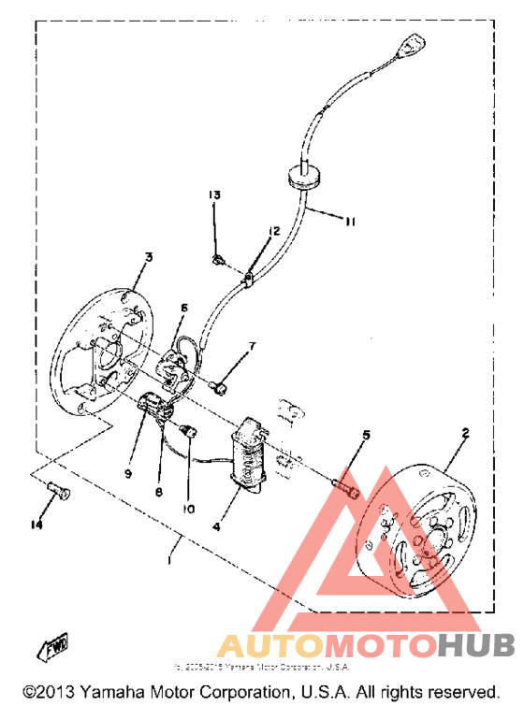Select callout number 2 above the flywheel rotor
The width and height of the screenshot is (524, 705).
(465, 433)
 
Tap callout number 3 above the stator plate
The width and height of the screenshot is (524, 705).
(148, 256)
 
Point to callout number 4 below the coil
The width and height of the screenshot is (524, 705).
(216, 526)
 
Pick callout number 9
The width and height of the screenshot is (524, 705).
(128, 473)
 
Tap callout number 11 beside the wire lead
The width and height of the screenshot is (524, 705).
(349, 222)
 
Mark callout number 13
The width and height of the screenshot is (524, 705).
(214, 194)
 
